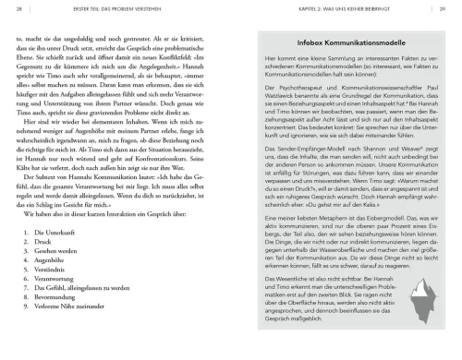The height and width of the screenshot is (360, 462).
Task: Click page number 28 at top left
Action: click(19, 10)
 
